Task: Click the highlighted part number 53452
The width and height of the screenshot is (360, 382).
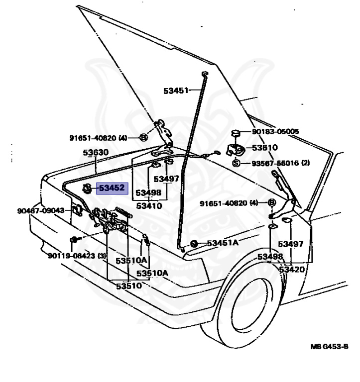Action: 113,189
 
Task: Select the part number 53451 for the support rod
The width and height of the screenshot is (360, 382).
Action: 176,91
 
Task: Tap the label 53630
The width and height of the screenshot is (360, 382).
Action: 96,152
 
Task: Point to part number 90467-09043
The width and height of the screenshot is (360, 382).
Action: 40,210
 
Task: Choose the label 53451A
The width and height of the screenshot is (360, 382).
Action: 223,243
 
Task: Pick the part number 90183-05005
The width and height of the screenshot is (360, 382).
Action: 275,132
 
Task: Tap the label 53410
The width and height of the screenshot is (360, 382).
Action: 149,205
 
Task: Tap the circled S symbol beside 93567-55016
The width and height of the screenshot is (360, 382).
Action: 236,163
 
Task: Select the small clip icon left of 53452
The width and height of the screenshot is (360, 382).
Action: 87,188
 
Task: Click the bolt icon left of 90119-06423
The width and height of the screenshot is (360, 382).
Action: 74,240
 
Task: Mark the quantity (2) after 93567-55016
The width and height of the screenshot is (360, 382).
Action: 305,163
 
